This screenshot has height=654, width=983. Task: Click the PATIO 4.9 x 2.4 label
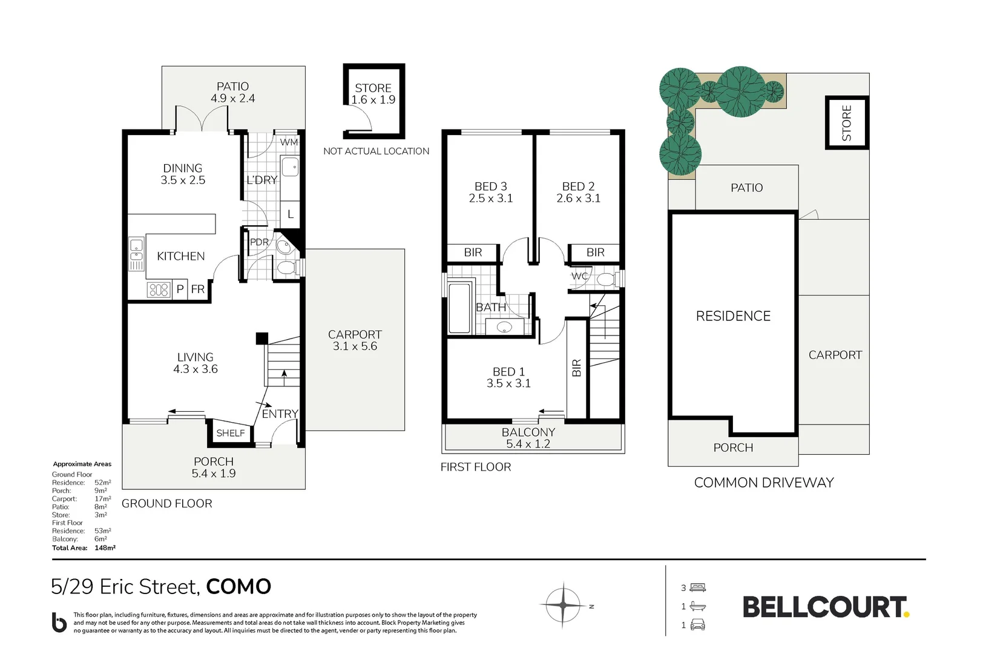click(232, 93)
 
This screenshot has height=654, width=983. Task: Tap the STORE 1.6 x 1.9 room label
click(373, 94)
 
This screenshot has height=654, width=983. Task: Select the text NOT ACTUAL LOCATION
click(376, 151)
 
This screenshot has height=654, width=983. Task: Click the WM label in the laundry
click(289, 142)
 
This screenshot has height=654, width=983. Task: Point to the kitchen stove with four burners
click(159, 290)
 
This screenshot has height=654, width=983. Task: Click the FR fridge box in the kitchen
click(198, 289)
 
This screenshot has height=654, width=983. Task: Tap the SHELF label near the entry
click(231, 433)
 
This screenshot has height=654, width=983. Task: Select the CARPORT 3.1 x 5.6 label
click(355, 340)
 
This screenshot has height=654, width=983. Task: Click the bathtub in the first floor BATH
click(459, 308)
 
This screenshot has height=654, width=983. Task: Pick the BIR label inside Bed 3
click(473, 253)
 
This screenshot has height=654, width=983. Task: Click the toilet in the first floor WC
click(606, 279)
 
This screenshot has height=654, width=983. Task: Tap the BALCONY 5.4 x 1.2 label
click(528, 438)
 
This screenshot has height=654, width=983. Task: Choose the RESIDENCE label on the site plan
click(733, 316)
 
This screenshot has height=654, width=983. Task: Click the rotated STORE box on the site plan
click(846, 123)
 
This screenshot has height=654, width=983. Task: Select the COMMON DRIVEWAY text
click(764, 483)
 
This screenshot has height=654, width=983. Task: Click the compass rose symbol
click(564, 605)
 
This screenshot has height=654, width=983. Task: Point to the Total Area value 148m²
click(105, 548)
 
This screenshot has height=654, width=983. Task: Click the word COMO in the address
click(238, 587)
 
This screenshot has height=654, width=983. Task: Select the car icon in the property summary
click(697, 626)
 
